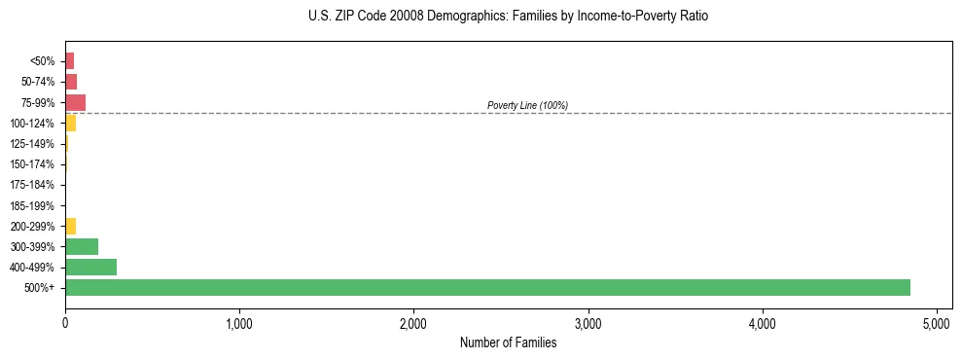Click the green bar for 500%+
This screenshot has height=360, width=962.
point(487,287)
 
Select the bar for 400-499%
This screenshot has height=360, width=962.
point(90,267)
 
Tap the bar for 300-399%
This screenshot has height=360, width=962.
point(82,246)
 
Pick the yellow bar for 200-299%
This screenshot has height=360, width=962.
point(70,226)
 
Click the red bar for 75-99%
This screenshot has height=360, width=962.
point(75,102)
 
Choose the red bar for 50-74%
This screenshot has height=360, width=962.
point(71,82)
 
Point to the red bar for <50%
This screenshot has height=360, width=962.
point(69,61)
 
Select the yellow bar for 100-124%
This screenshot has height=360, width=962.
point(70,123)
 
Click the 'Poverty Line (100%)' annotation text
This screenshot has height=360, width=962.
point(527,105)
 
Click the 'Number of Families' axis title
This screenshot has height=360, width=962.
point(508,342)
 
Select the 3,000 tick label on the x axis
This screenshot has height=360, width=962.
point(588,322)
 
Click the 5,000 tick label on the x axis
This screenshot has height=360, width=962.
point(937,322)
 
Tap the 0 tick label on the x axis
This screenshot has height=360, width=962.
point(65,322)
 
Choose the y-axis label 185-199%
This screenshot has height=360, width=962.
point(32,205)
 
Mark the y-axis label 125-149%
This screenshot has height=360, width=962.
point(32,144)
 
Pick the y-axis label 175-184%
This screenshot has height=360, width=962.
point(32,185)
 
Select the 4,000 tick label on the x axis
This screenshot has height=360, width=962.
point(763,322)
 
